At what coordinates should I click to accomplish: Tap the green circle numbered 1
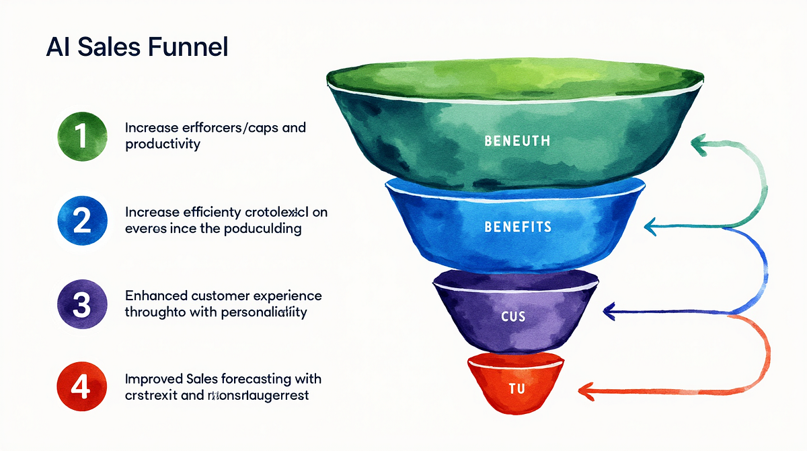coord(82,135)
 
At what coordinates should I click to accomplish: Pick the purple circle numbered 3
coord(82,304)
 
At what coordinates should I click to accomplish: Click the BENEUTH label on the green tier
coord(517,141)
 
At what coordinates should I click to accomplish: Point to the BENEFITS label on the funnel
coord(517,227)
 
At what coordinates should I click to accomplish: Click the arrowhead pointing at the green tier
coord(699,143)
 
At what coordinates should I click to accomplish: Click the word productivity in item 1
coord(163,144)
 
